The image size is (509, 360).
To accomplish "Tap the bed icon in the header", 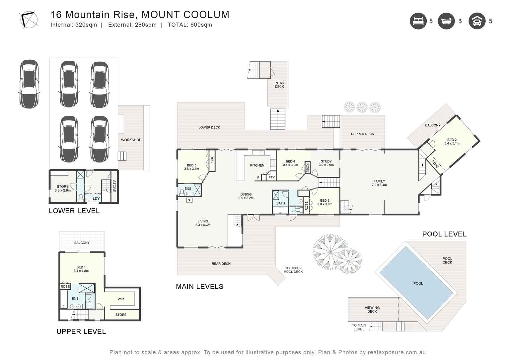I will point(418,21).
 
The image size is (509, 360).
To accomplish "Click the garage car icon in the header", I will point(477,21).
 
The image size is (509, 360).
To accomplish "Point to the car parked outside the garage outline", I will point(29,84).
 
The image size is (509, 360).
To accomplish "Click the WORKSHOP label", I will point(131,140).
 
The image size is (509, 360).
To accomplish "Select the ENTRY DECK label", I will point(279,85).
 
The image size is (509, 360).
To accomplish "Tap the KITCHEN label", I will point(257,165).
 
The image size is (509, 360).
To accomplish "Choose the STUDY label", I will point(326,162).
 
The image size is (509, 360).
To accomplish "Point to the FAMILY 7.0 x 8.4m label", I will point(379,183).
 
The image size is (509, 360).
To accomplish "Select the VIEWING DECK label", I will point(372,310).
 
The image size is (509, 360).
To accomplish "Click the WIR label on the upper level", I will point(121,299).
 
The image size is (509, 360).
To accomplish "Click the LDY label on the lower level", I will point(96,199).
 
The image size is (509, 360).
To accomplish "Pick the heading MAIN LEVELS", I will point(199,287).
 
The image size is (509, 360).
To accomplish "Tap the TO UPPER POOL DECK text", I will point(293,270).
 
